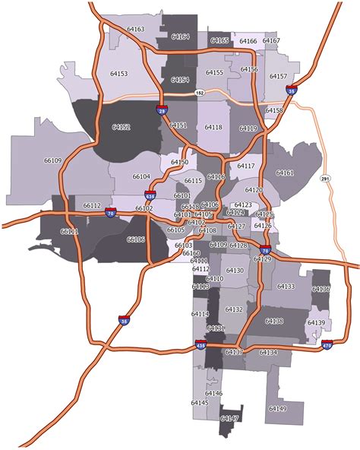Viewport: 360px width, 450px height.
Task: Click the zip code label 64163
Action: point(136,29)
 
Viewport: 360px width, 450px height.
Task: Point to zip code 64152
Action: point(120,127)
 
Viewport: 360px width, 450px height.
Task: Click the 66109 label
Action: point(53,160)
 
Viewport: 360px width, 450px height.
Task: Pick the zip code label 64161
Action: point(285,173)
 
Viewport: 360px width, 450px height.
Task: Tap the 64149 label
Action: point(277,409)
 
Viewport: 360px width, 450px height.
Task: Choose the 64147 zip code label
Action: point(229,418)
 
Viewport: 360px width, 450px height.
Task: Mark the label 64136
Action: point(321,289)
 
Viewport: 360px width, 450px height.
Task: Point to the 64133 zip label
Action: point(286,287)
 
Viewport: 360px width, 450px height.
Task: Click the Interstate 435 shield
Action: point(200,344)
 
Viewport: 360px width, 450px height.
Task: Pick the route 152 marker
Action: point(201,93)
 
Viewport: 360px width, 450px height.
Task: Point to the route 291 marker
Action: point(327,179)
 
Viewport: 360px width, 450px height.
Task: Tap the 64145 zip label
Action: point(200,402)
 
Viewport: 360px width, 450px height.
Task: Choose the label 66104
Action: point(141,176)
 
